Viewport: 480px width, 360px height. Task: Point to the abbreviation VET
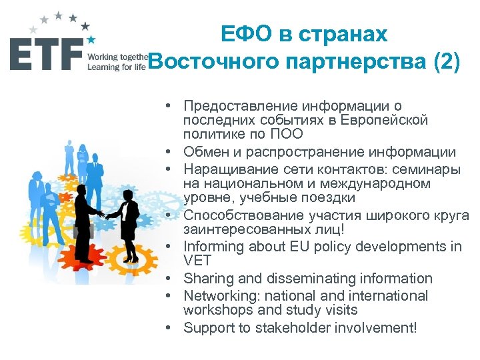point(197,261)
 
